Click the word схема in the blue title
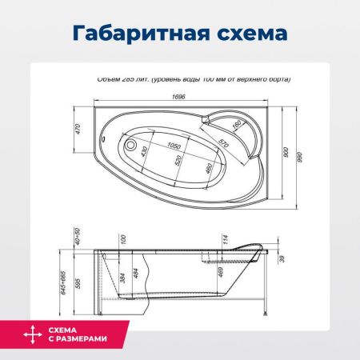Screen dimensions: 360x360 pyautogui.click(x=248, y=34)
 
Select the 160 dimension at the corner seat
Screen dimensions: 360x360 pyautogui.click(x=237, y=125)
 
